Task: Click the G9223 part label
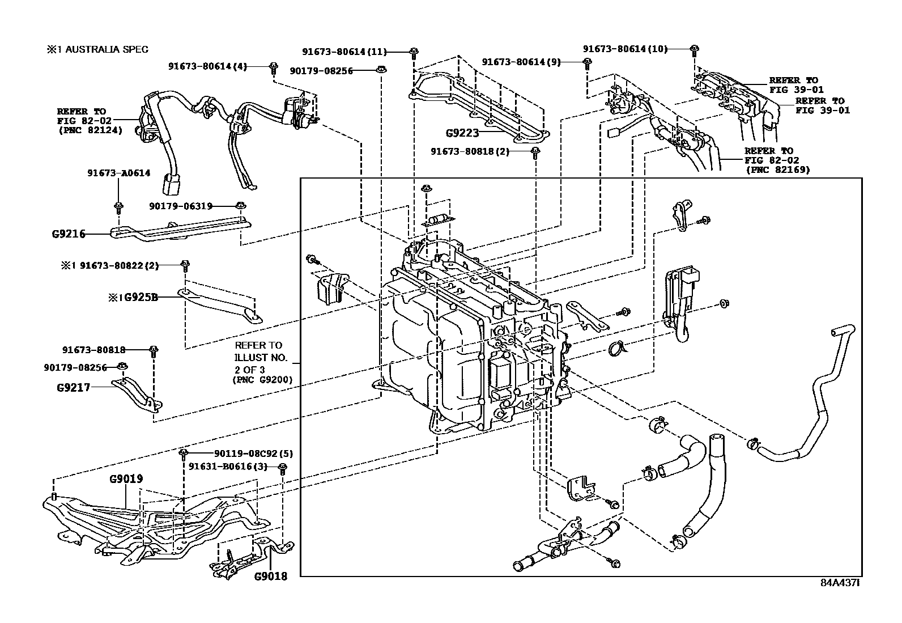point(462,134)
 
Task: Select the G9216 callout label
point(68,234)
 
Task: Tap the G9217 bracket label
point(73,388)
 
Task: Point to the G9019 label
point(126,478)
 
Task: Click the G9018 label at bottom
point(270,577)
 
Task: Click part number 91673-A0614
point(119,173)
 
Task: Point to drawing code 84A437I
point(841,582)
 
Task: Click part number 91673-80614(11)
point(344,52)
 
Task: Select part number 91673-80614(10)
point(625,49)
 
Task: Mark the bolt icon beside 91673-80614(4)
point(273,67)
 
